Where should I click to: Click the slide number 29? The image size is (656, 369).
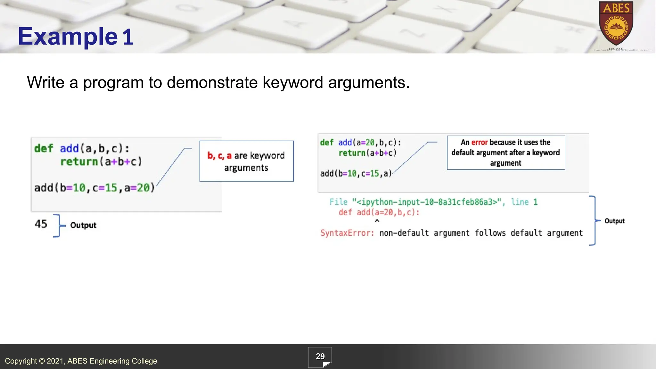[x=320, y=357]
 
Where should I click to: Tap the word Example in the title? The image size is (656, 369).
[x=68, y=37]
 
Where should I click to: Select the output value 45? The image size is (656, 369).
[x=41, y=224]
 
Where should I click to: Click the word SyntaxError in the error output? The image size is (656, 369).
[x=347, y=233]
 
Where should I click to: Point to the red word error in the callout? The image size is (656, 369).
[x=479, y=142]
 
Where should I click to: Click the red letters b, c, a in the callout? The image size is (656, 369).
[x=219, y=156]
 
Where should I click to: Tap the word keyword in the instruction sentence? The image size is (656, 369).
[x=293, y=83]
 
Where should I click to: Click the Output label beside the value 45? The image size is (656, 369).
[x=83, y=225]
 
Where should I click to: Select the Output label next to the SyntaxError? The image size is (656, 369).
[x=614, y=221]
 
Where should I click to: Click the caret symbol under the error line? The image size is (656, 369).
[x=377, y=221]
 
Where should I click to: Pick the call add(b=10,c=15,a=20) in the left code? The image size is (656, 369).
[x=94, y=188]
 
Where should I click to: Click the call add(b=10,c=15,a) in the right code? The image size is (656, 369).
[x=356, y=174]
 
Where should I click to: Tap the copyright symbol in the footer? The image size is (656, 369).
[x=42, y=361]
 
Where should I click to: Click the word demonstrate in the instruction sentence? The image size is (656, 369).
[x=212, y=83]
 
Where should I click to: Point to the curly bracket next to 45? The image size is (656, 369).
[x=58, y=225]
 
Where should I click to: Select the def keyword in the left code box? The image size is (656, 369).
[x=44, y=149]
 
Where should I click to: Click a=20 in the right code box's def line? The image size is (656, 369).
[x=365, y=143]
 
